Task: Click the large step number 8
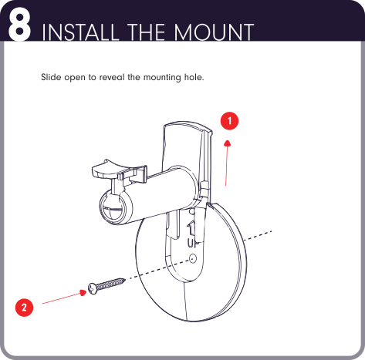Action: [x=20, y=26]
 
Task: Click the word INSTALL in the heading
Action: [x=79, y=32]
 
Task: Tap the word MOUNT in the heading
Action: [x=214, y=32]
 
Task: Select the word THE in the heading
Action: [x=146, y=32]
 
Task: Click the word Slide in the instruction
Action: [x=50, y=77]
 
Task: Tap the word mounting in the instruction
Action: [x=162, y=77]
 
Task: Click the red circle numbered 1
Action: [x=229, y=121]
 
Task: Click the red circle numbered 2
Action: [x=24, y=308]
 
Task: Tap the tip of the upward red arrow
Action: [x=228, y=140]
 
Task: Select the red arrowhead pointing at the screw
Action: [x=83, y=292]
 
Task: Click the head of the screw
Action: [x=93, y=288]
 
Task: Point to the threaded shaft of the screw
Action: [x=110, y=284]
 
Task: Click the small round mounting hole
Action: [x=193, y=258]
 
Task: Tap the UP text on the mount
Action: [x=192, y=243]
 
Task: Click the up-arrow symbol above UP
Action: [x=191, y=228]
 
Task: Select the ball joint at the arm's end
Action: [x=113, y=207]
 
